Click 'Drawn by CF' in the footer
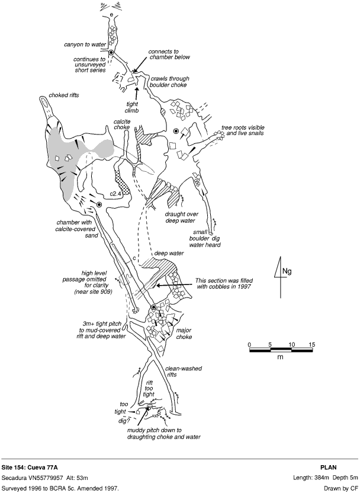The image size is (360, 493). [x=339, y=489]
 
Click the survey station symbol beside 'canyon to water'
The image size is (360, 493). [x=111, y=53]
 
